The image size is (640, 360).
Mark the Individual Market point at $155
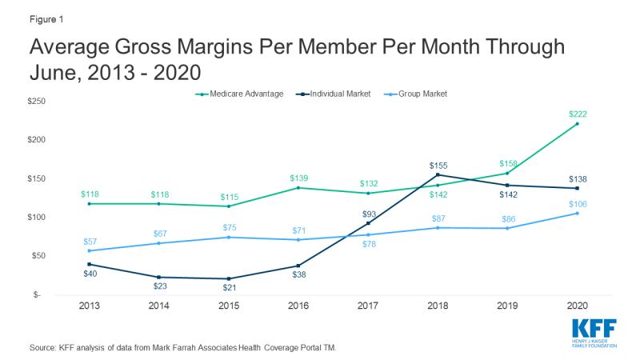click(x=438, y=174)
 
